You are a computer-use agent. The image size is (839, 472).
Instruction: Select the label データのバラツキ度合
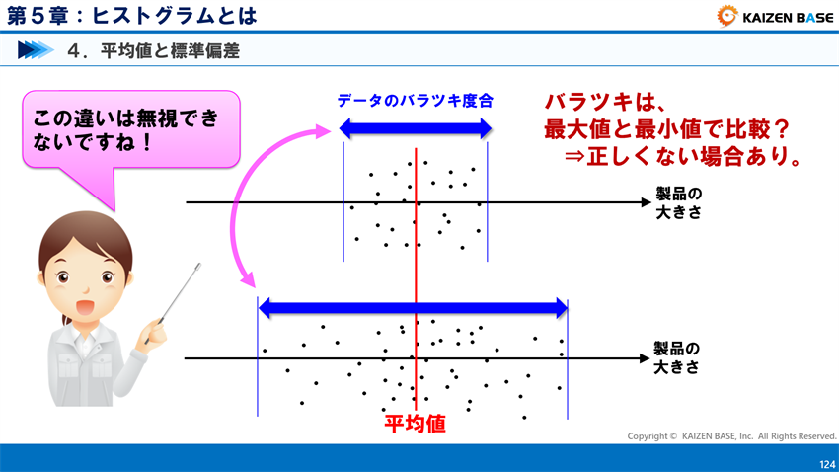[x=415, y=101]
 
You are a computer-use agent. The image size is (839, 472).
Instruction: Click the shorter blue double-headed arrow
[x=415, y=127]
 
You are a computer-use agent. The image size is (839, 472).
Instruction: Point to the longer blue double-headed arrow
[x=413, y=308]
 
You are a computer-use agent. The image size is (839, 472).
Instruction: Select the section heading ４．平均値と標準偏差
[x=154, y=50]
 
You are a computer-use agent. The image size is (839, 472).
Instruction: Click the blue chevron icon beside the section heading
[x=35, y=50]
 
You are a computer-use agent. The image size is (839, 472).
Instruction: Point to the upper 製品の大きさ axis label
[x=678, y=202]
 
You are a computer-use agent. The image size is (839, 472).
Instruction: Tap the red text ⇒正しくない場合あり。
[x=681, y=156]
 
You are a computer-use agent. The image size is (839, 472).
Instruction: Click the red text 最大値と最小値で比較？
[x=671, y=128]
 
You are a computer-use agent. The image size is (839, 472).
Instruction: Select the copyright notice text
[x=731, y=435]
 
